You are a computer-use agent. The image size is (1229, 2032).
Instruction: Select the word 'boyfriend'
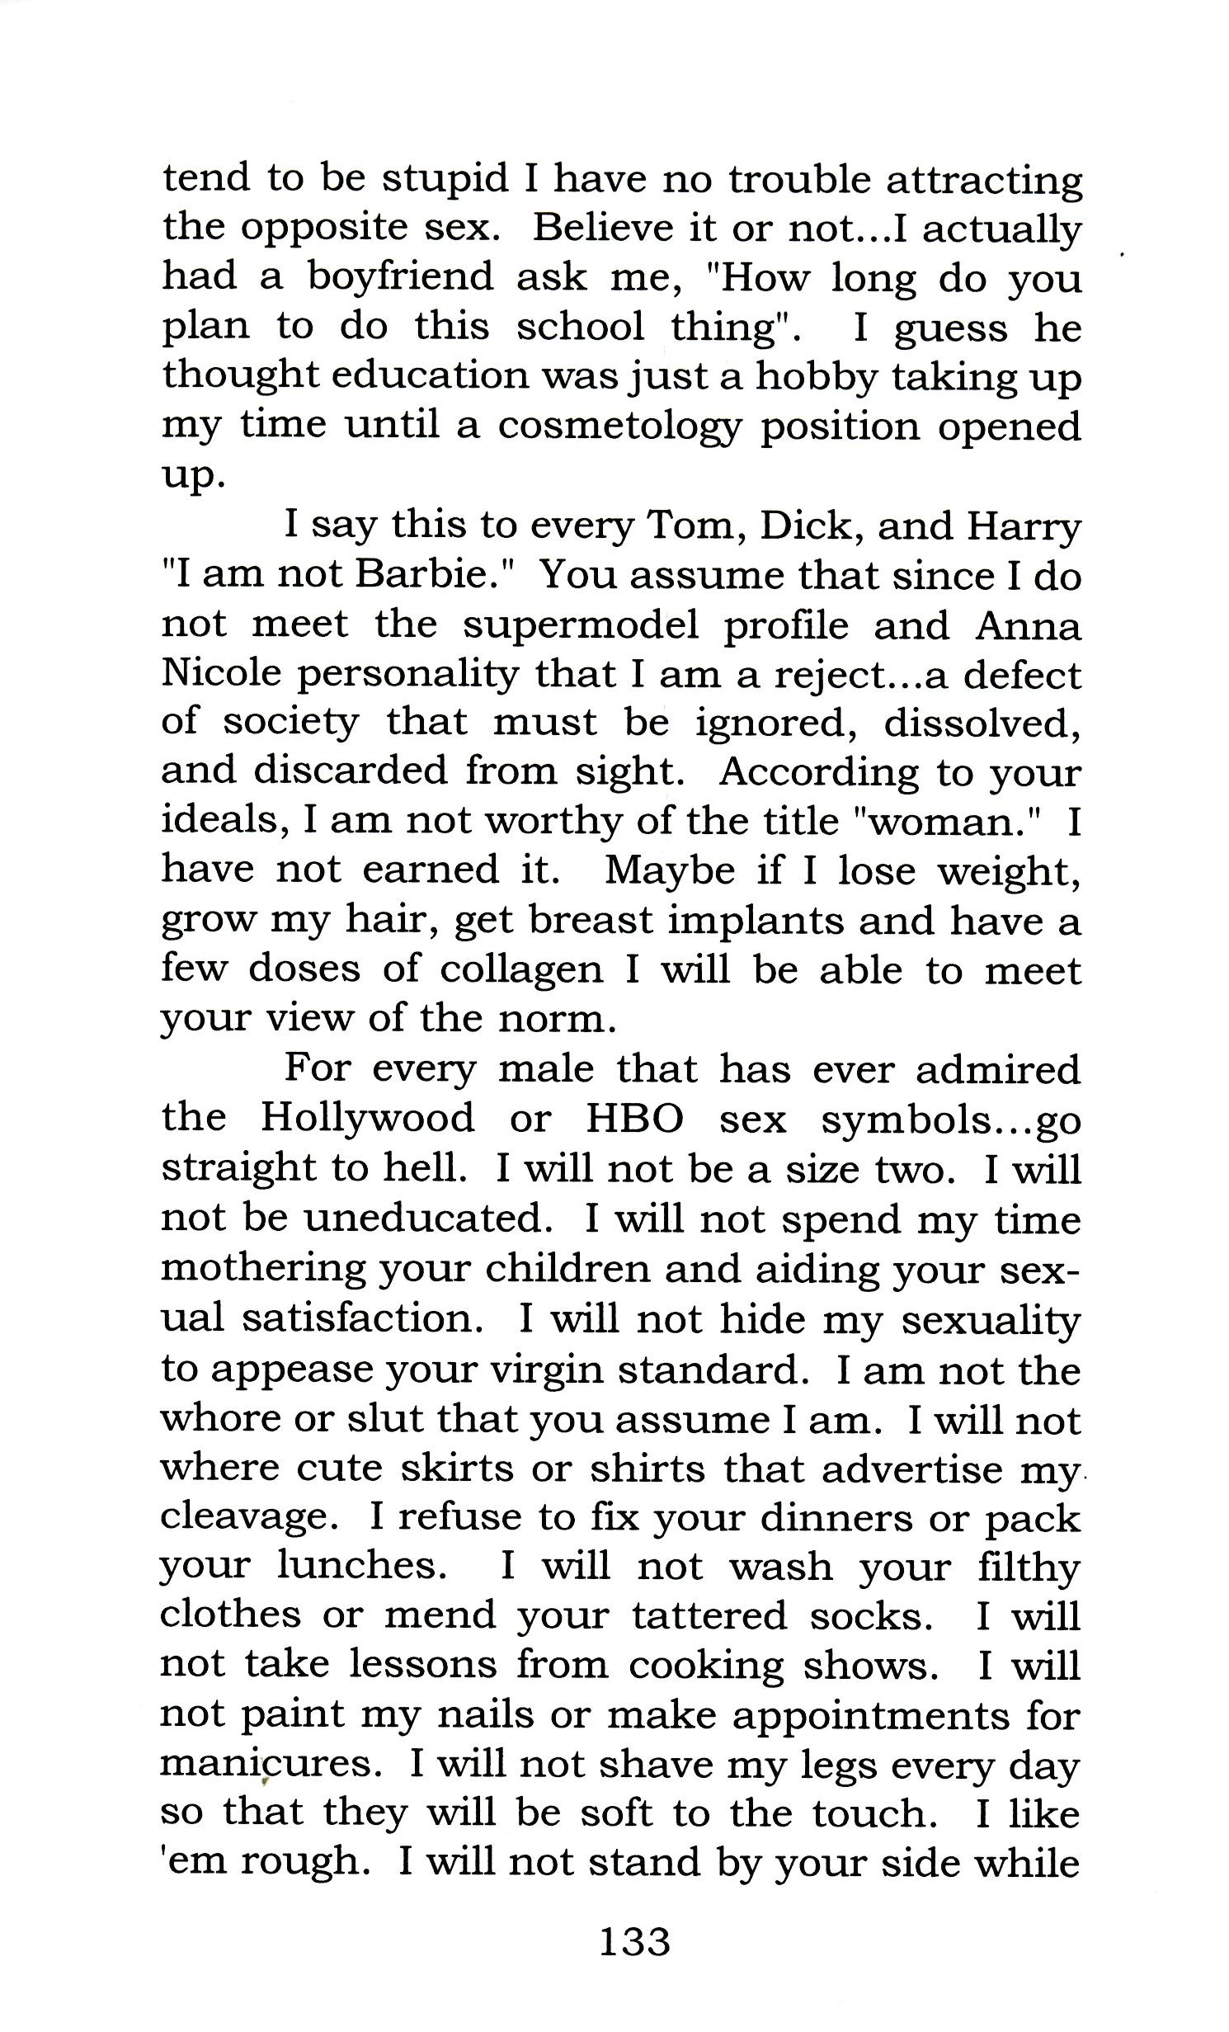(x=400, y=277)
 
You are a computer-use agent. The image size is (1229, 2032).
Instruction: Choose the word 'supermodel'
(x=580, y=625)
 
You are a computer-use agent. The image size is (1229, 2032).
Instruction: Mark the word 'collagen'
(x=521, y=969)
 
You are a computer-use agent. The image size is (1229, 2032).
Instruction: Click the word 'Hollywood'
(x=367, y=1118)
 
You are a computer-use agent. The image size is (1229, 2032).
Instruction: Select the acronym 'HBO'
(x=634, y=1118)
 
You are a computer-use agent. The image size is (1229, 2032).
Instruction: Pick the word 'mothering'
(x=262, y=1269)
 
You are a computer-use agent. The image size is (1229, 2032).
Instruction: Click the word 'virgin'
(x=547, y=1370)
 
